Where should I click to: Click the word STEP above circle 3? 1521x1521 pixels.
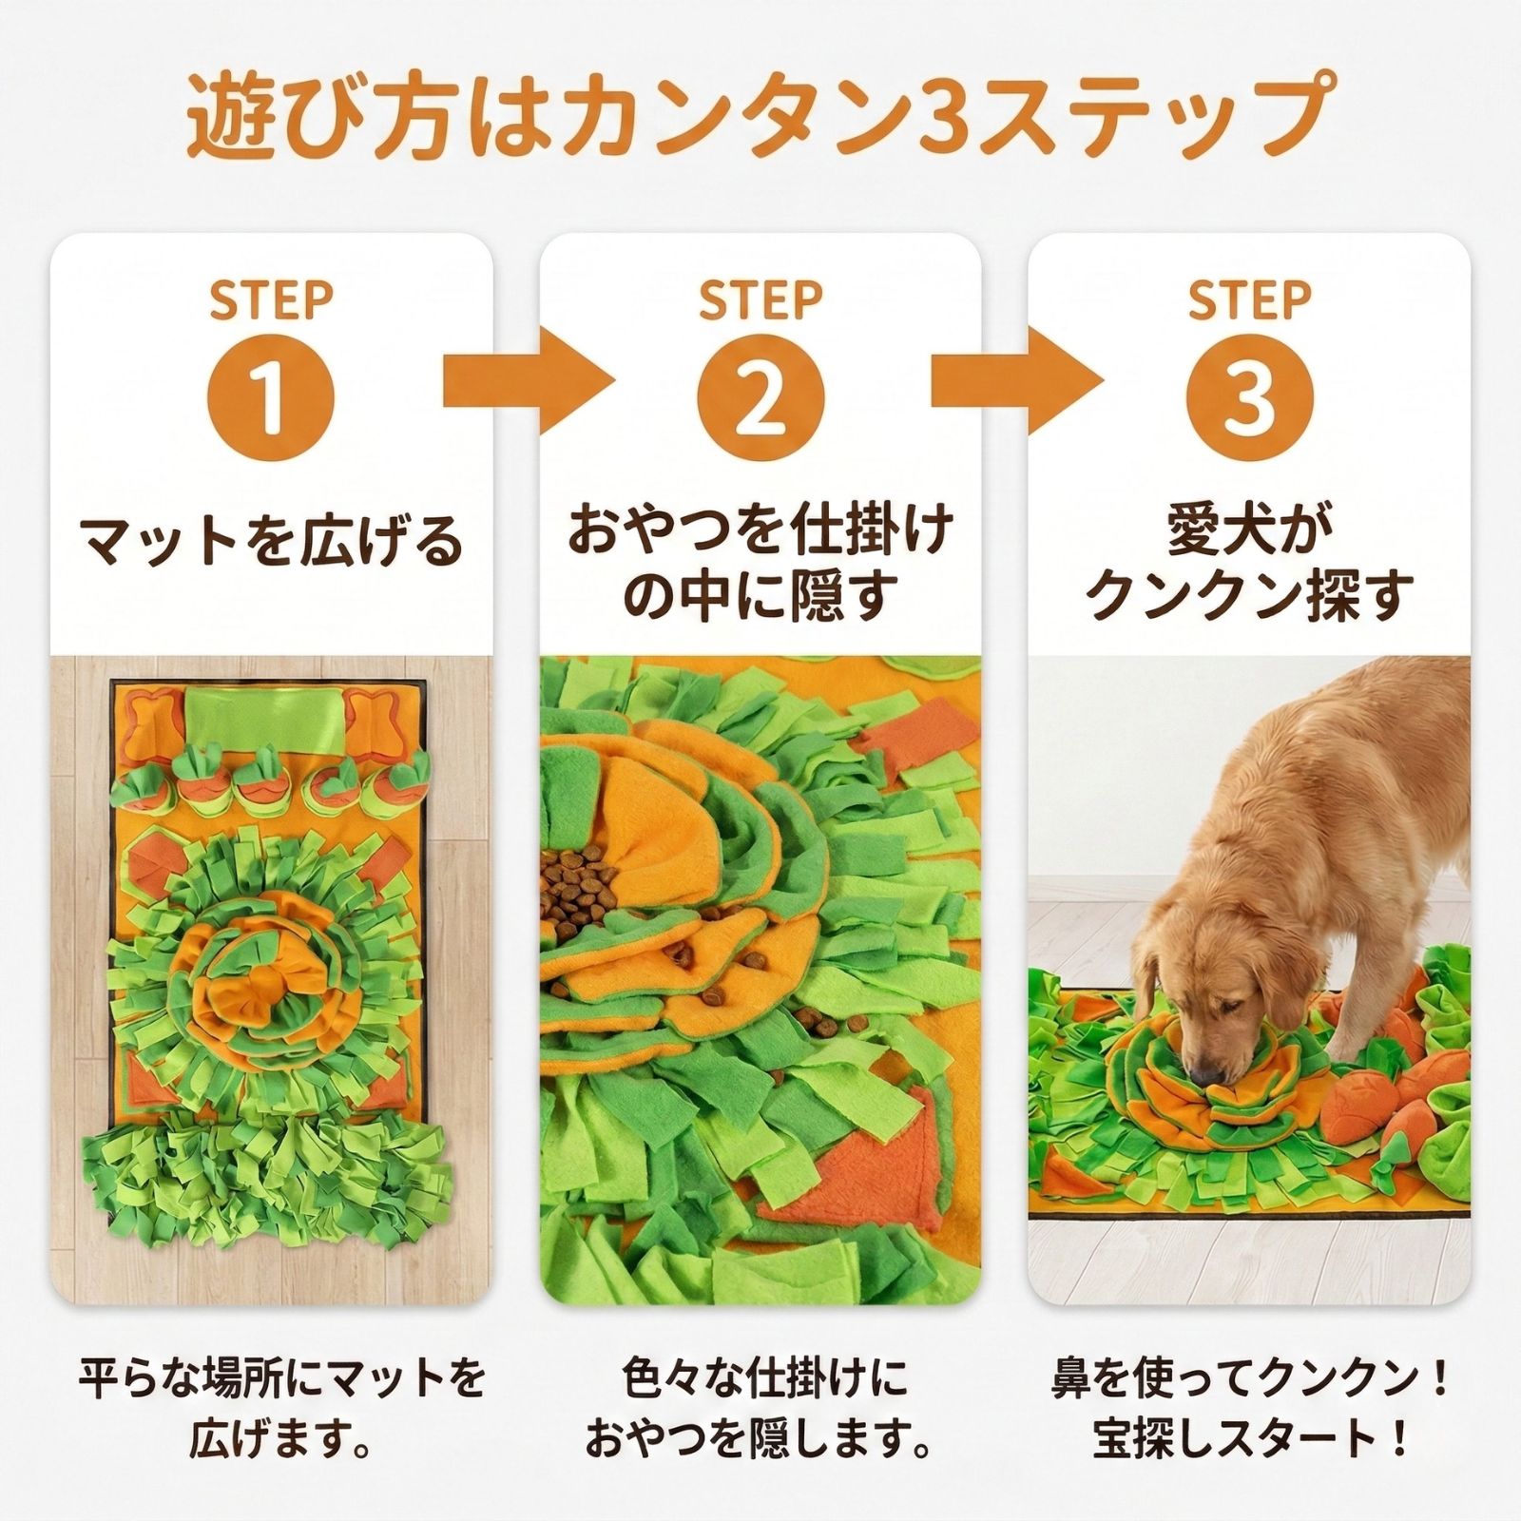click(1249, 300)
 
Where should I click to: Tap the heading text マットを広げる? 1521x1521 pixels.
click(271, 543)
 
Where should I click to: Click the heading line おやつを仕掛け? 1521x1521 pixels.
click(760, 530)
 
